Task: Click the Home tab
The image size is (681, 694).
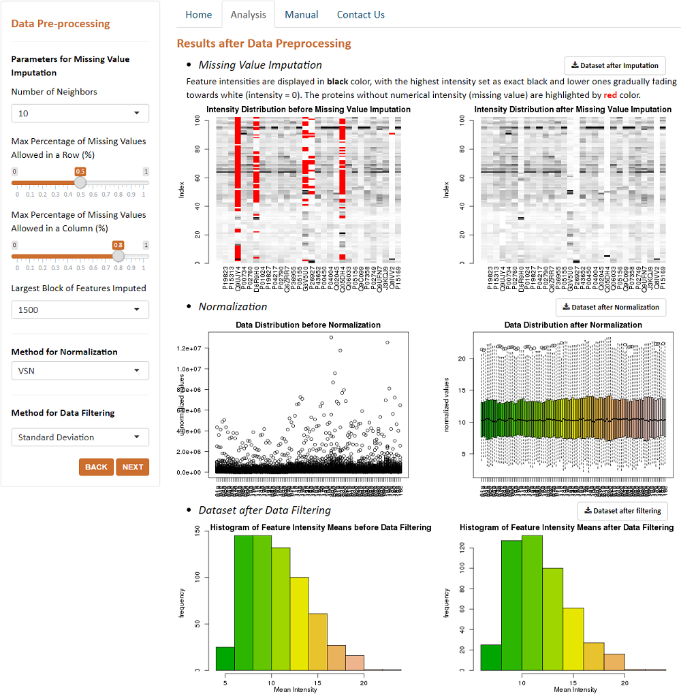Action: [199, 14]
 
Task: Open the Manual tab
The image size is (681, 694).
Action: [301, 14]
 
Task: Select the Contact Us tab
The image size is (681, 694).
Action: [360, 14]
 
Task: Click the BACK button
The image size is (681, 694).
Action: [96, 467]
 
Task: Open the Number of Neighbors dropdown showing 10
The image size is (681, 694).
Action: [80, 113]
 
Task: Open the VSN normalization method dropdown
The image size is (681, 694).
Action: [80, 371]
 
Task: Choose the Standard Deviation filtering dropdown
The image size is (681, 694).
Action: [80, 437]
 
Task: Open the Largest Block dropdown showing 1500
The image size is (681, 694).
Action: [80, 310]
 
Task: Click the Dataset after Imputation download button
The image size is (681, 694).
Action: [615, 65]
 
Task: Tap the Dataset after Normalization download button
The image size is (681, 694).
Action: [610, 307]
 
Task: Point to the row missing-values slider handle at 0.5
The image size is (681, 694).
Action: [80, 182]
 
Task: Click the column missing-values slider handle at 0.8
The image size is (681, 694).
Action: [118, 256]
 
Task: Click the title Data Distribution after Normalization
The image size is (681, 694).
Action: [573, 325]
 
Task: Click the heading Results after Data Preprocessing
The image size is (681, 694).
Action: [264, 44]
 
